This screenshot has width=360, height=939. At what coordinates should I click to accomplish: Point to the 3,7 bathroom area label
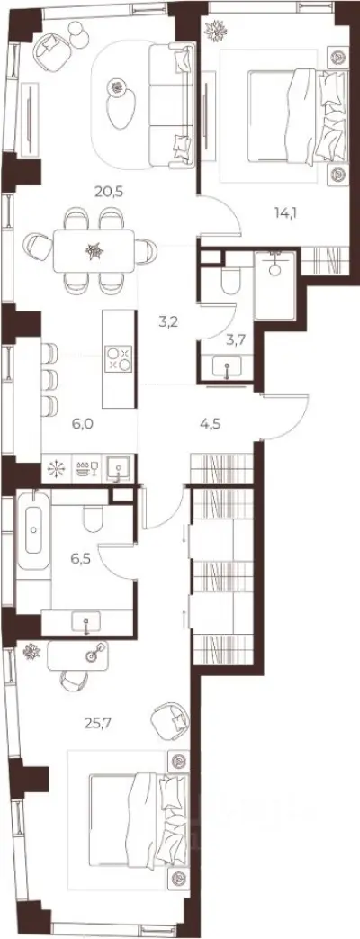pos(235,340)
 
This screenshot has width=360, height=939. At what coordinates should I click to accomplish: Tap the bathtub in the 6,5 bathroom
pos(33,529)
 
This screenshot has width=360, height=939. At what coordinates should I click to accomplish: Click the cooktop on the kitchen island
pos(118,358)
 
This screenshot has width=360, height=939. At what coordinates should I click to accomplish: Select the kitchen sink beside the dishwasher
pos(119,468)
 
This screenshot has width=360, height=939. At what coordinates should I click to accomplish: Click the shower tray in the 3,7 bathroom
pos(274,285)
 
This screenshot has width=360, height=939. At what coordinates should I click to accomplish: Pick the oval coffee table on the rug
pos(121,103)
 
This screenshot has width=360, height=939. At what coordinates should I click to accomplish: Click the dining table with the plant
pos(94,251)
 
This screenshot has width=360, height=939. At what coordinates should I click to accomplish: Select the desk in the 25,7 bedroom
pos(78,655)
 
